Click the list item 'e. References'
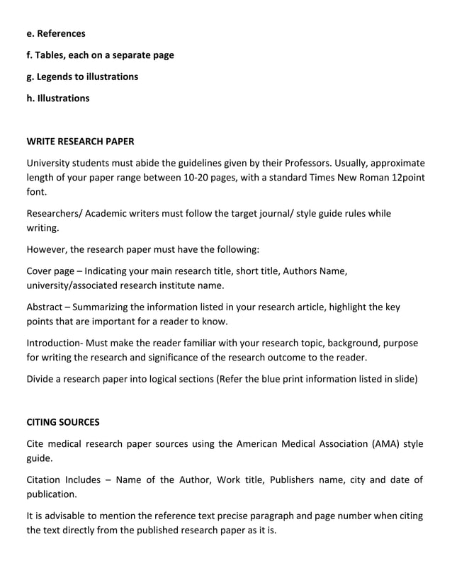56,33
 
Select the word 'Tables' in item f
50,55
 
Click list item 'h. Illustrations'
58,98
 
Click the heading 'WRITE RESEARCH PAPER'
80,141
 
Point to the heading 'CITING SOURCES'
63,422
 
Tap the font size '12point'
408,177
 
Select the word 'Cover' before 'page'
40,271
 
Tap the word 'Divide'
42,378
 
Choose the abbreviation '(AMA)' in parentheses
383,444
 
